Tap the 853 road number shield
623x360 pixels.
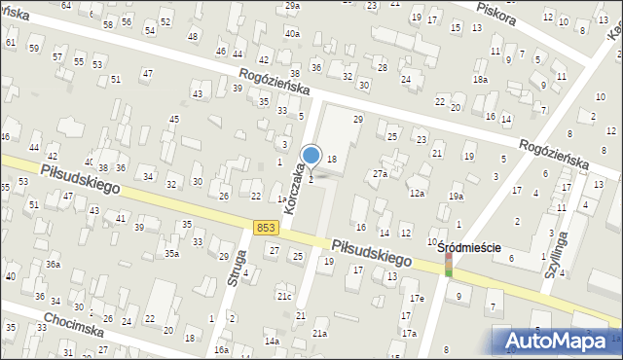(x=267, y=227)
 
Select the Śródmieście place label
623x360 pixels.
(x=469, y=247)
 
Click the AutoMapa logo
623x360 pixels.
(x=558, y=339)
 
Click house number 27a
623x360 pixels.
(x=381, y=174)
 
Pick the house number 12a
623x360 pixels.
(x=417, y=194)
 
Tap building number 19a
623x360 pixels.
(x=457, y=197)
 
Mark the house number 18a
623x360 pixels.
(x=480, y=79)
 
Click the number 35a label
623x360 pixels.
(x=171, y=253)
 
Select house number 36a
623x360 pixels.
(x=53, y=265)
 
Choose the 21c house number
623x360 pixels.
(x=283, y=296)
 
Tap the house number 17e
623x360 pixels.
(x=417, y=298)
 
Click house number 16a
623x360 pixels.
(x=222, y=350)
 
